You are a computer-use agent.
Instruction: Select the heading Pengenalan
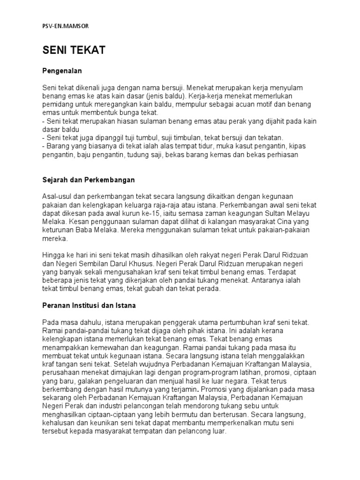tap(62, 71)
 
